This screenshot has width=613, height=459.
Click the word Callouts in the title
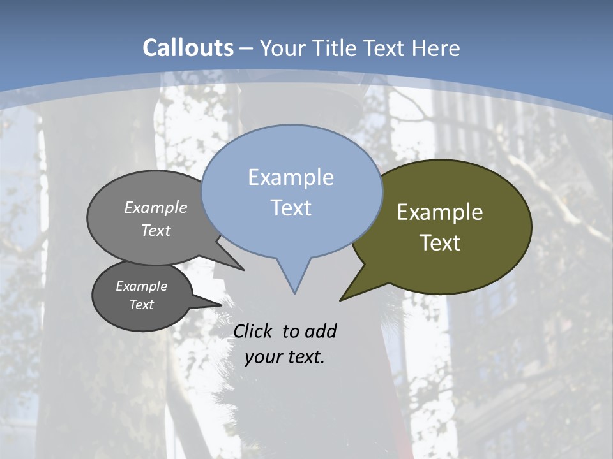pyautogui.click(x=188, y=48)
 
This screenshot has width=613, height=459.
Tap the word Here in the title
pyautogui.click(x=437, y=48)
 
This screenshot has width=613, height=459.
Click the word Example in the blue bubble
pyautogui.click(x=291, y=177)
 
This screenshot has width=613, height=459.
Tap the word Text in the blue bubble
pyautogui.click(x=291, y=208)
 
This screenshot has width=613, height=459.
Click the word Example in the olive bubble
pyautogui.click(x=440, y=212)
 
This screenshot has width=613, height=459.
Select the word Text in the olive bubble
pyautogui.click(x=440, y=243)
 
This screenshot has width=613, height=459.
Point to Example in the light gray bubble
pyautogui.click(x=156, y=208)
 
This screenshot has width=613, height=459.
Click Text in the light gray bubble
pyautogui.click(x=156, y=230)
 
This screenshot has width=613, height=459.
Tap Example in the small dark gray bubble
pyautogui.click(x=141, y=286)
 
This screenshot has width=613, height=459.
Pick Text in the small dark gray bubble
pyautogui.click(x=141, y=305)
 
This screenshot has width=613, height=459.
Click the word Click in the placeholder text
pyautogui.click(x=254, y=331)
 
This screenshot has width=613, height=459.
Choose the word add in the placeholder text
pyautogui.click(x=320, y=331)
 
